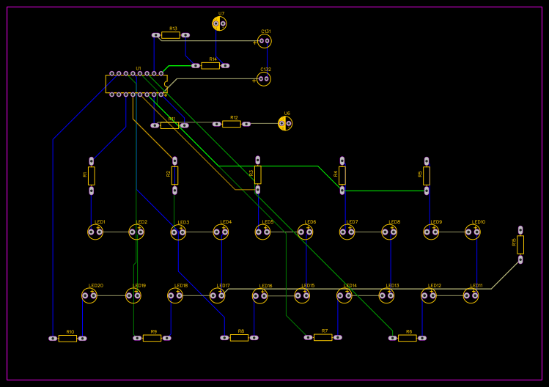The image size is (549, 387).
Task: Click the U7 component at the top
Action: coord(219,23)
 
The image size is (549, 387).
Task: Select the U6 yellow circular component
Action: coord(285,123)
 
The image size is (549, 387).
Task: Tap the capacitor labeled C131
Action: coord(264,41)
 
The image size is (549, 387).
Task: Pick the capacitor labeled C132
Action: coord(264,78)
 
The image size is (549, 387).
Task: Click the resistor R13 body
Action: coord(171,35)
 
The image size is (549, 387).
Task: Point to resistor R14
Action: coord(210,65)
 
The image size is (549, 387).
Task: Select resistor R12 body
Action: coord(232,124)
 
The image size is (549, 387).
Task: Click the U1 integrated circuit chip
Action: coord(136,84)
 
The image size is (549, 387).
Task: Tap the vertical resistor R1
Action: coord(92,175)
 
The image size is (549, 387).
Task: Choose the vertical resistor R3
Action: coord(258,174)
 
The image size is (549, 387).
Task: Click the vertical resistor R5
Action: coord(427,175)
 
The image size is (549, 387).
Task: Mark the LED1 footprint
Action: coord(95,232)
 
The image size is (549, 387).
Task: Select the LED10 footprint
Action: coord(473,232)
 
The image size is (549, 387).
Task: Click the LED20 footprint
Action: coord(89,296)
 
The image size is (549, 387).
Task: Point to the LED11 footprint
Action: coord(471,296)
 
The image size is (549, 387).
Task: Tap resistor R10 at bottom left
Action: coord(67,339)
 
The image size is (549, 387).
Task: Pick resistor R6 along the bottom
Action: coord(408,338)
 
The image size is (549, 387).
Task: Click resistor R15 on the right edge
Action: coord(520,245)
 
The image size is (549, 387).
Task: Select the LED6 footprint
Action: coord(305,232)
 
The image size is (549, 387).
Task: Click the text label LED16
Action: coord(265,286)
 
